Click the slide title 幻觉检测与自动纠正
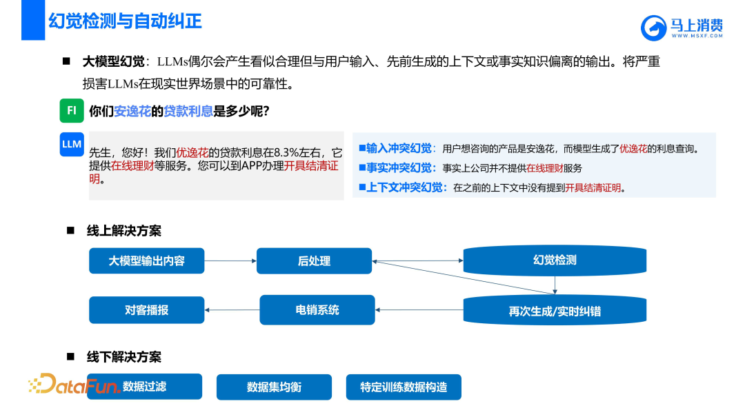[x=125, y=21]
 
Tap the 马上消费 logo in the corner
[x=682, y=28]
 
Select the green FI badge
[x=71, y=110]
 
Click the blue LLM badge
[x=71, y=144]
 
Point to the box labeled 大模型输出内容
[x=147, y=261]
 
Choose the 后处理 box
[x=314, y=261]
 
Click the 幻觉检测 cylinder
[x=555, y=260]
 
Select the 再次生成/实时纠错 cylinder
[x=555, y=311]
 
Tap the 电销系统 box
[x=317, y=310]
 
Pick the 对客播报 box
[x=147, y=310]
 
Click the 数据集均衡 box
[x=274, y=387]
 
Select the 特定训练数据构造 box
[x=404, y=387]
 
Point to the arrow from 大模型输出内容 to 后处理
[x=230, y=261]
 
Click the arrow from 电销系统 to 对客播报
[x=232, y=310]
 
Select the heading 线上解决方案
[x=124, y=231]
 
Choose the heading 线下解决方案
[x=124, y=357]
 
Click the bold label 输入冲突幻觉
[x=399, y=148]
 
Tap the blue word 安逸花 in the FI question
[x=132, y=111]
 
